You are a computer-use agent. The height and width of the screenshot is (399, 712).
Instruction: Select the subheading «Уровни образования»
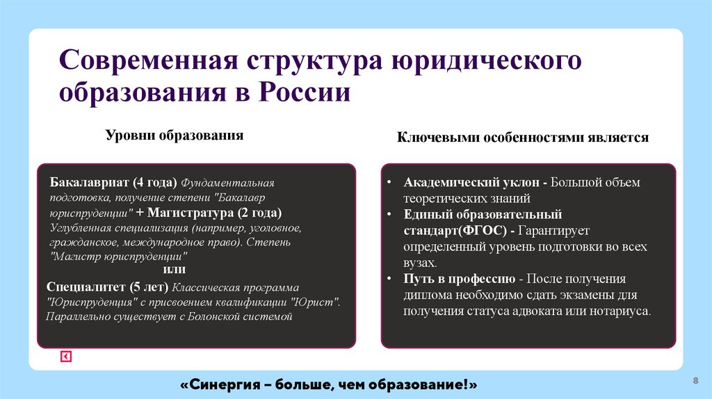click(x=174, y=135)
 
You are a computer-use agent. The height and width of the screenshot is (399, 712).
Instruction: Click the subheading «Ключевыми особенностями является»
click(x=523, y=138)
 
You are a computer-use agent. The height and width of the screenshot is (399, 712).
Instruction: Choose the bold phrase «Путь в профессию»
click(x=458, y=279)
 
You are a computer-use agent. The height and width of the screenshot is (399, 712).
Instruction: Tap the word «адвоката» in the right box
click(x=535, y=311)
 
